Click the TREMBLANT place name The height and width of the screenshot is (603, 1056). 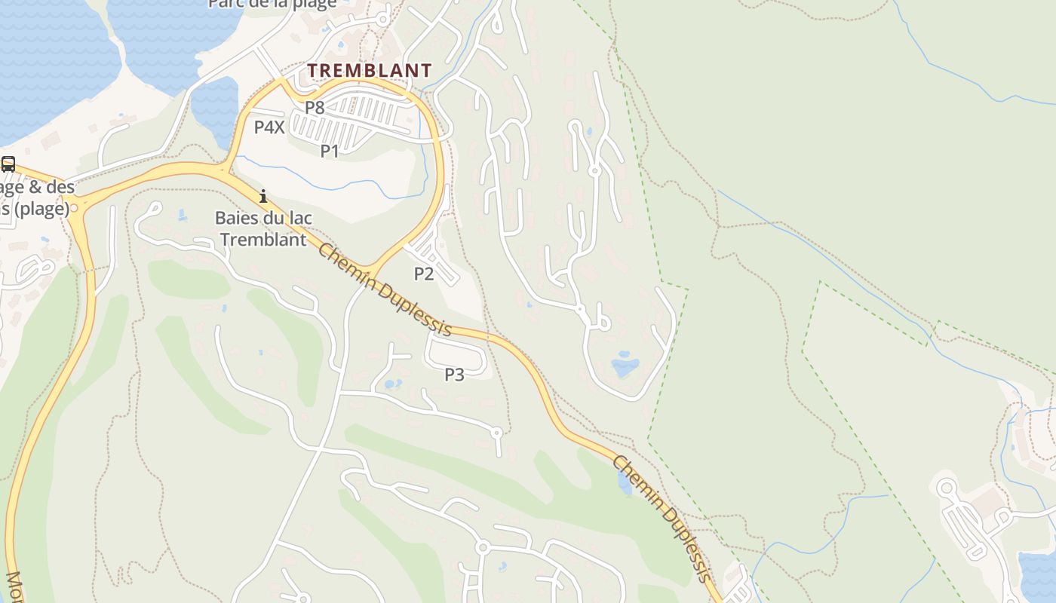click(x=370, y=70)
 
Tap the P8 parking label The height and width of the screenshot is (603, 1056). click(x=315, y=108)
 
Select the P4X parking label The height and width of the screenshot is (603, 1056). click(x=269, y=127)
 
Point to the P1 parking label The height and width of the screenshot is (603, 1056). click(x=330, y=151)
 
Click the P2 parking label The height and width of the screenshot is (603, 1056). click(x=424, y=274)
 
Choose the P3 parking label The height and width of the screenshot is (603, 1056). click(x=454, y=374)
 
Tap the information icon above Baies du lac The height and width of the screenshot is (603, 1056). click(x=263, y=196)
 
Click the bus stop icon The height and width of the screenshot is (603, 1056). click(x=8, y=164)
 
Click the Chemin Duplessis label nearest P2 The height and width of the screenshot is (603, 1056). click(x=385, y=289)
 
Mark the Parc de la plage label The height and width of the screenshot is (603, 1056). click(x=272, y=5)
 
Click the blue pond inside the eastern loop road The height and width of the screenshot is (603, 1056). click(x=625, y=367)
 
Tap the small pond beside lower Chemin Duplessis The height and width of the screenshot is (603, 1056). click(x=625, y=484)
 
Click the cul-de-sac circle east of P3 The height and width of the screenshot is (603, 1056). click(x=496, y=433)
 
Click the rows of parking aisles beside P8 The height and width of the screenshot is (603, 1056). click(x=362, y=117)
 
